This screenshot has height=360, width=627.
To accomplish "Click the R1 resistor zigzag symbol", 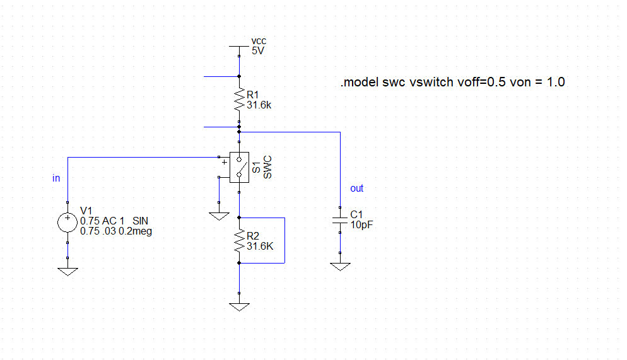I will point(239,100).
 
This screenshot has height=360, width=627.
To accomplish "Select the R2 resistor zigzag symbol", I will point(239,240).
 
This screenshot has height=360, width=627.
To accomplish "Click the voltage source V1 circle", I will point(67,222).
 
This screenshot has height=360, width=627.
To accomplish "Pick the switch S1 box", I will point(239,168).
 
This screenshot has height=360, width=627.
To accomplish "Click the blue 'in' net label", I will point(56,178).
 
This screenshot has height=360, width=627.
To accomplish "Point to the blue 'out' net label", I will point(356,189).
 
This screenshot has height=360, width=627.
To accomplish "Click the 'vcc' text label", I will point(259,41).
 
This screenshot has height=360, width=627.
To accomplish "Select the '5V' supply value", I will point(258,51).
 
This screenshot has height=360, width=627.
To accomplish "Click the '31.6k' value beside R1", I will point(259,105).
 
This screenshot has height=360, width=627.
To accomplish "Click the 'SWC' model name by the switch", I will point(267,168).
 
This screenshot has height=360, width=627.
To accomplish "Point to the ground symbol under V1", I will point(67,270).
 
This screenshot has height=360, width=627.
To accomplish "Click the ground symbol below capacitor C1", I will point(340,267).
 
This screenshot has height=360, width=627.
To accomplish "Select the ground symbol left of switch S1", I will point(218,216).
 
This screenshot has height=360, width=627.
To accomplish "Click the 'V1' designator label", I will point(86,211).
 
